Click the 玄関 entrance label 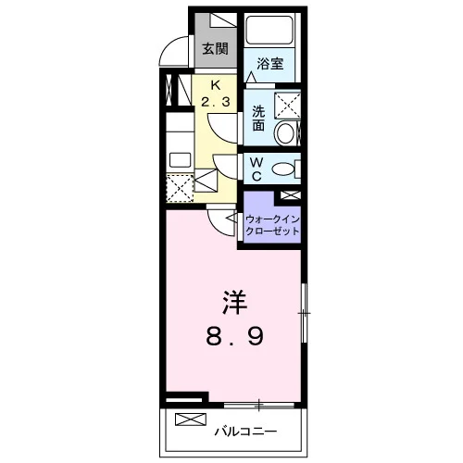click(x=215, y=49)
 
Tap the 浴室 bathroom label click(x=270, y=64)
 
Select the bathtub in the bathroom click(x=269, y=30)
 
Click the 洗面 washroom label click(x=258, y=119)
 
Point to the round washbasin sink click(x=284, y=133)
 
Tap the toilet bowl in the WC click(x=283, y=169)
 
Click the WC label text click(x=257, y=169)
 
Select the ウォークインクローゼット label click(x=272, y=225)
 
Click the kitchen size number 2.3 click(x=216, y=101)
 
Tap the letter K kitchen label click(x=216, y=85)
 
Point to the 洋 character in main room click(x=234, y=302)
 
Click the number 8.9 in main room click(x=235, y=336)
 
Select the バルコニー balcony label click(x=245, y=432)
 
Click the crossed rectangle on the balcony click(x=191, y=419)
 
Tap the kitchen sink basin click(x=180, y=159)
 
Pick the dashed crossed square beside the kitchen click(x=180, y=188)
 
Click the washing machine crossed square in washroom click(x=287, y=106)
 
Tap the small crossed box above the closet click(x=290, y=194)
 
